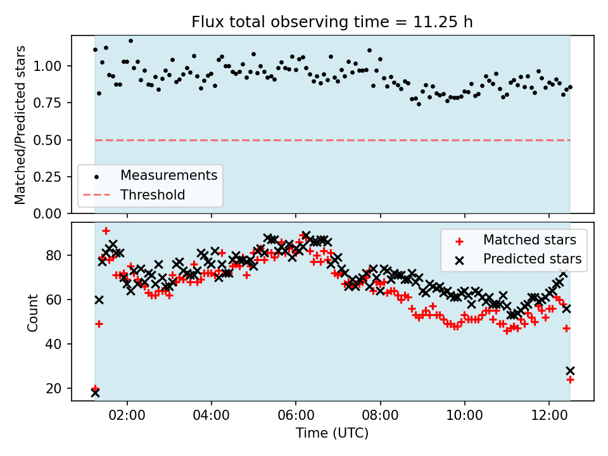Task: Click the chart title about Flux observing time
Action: tap(332, 22)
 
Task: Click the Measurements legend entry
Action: tap(168, 175)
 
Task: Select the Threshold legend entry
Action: tap(153, 195)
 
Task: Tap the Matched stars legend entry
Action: tap(529, 240)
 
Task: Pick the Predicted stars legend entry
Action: tap(532, 258)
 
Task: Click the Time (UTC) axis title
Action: tap(332, 434)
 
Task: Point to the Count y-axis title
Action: tap(32, 312)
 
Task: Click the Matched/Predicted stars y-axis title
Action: tap(20, 125)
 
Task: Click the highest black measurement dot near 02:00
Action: tap(130, 41)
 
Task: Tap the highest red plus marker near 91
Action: tap(106, 231)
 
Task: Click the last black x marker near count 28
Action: tap(570, 370)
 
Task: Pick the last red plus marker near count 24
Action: tap(570, 379)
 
